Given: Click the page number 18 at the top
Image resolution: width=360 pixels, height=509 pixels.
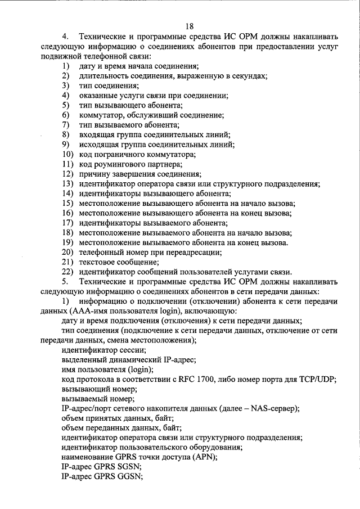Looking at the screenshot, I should click(x=188, y=26).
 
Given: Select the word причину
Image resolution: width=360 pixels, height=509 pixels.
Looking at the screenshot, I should click(x=94, y=174).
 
